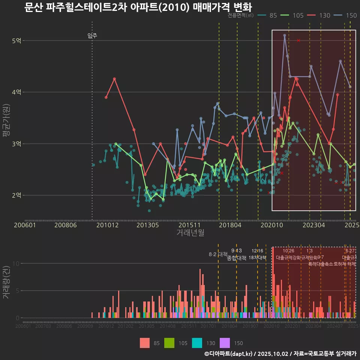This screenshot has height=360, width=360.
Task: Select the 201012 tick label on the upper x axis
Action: (x=107, y=225)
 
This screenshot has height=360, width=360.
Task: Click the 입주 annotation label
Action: (x=92, y=36)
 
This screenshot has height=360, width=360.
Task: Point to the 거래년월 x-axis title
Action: (x=190, y=233)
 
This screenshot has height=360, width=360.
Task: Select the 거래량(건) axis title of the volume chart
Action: (x=6, y=283)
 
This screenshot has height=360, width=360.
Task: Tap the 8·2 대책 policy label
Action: (x=218, y=254)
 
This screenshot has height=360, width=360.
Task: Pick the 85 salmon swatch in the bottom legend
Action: (x=145, y=343)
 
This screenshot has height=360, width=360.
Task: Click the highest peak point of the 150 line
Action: (x=285, y=35)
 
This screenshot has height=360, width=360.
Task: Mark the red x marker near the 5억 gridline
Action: (x=298, y=40)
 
